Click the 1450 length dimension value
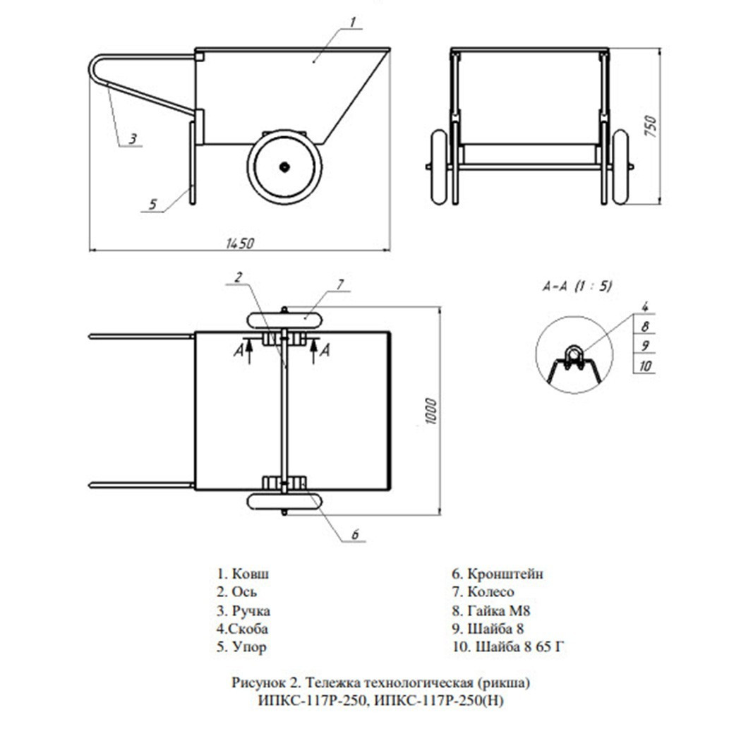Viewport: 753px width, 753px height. coord(240,243)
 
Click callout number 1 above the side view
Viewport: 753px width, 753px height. coord(353,22)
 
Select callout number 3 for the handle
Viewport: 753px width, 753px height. coord(133,139)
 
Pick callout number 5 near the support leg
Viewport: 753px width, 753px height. coord(152,204)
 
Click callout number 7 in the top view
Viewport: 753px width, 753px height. coord(340,284)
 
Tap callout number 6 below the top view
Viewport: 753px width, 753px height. coord(356,534)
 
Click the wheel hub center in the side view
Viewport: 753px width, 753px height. coord(285,167)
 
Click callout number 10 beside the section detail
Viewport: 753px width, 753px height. coord(646,366)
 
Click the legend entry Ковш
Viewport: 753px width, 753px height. coord(243,574)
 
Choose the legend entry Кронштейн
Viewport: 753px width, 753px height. coord(498,574)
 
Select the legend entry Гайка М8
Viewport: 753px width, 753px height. coord(490,611)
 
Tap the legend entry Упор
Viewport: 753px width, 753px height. coord(241,647)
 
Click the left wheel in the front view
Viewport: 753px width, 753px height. coord(439,167)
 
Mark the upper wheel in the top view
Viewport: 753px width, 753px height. coord(284,320)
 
